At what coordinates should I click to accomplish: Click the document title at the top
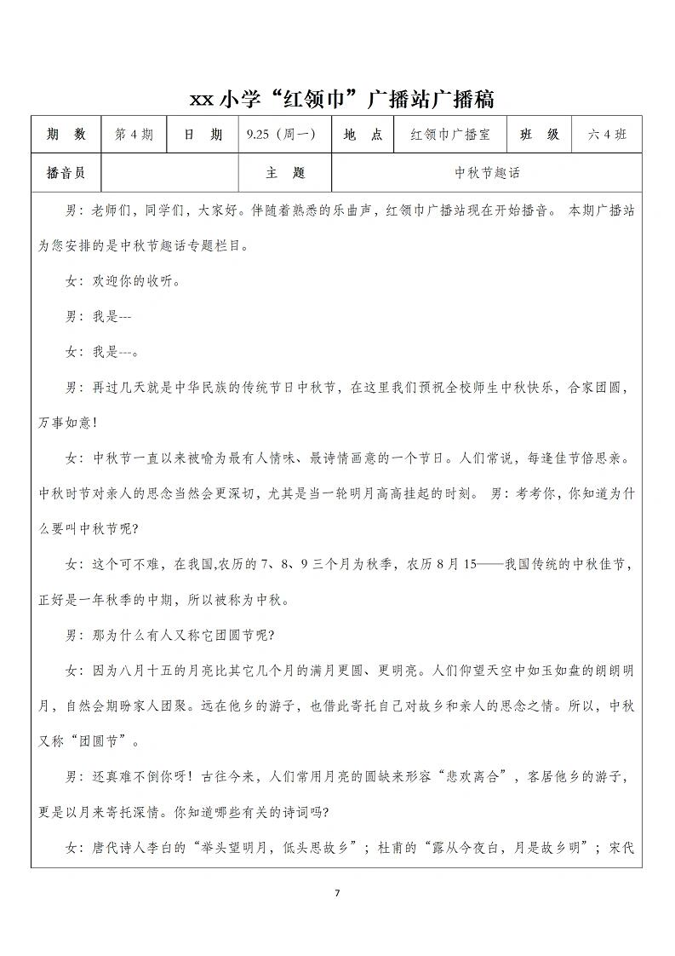click(x=341, y=99)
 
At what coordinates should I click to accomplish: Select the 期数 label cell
click(x=66, y=135)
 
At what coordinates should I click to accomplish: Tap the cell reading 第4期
click(x=134, y=135)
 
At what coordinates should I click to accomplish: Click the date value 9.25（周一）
click(x=281, y=135)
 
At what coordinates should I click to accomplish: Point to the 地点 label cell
click(x=363, y=135)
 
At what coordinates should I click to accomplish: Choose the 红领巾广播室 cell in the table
click(x=449, y=135)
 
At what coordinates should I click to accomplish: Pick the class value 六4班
click(x=607, y=135)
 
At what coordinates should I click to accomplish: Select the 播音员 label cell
click(x=66, y=173)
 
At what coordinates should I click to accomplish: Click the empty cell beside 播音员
click(x=169, y=173)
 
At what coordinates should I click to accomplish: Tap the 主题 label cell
click(x=285, y=173)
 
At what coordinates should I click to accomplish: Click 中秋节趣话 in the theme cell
click(x=487, y=173)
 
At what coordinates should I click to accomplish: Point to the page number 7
click(x=337, y=893)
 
